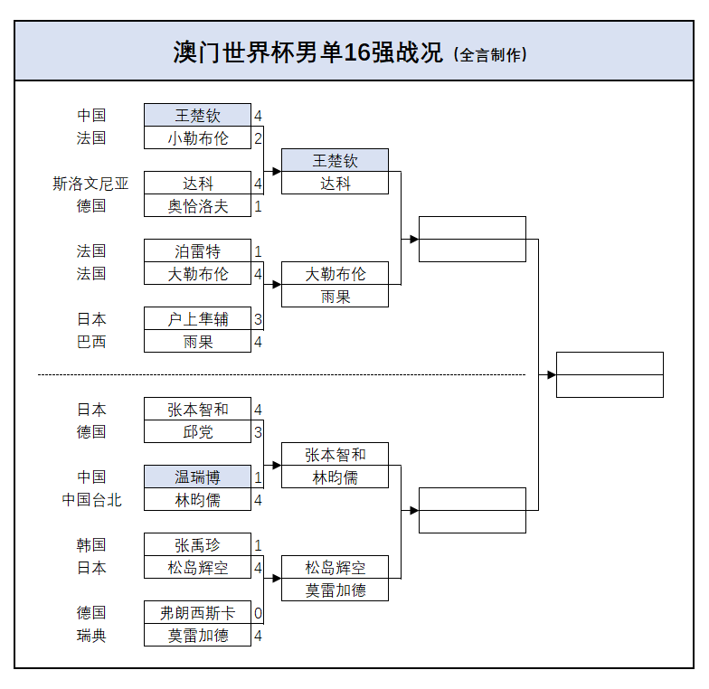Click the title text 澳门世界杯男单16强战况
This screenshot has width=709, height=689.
click(307, 52)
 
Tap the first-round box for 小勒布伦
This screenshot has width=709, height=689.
click(197, 138)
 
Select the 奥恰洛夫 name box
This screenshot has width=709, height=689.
click(197, 206)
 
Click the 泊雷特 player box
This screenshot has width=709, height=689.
click(197, 251)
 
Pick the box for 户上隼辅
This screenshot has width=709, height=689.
click(197, 319)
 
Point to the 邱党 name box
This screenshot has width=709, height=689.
click(197, 432)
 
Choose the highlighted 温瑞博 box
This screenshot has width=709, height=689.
click(197, 477)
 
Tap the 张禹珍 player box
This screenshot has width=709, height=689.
click(197, 545)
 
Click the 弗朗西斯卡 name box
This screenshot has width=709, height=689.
click(197, 613)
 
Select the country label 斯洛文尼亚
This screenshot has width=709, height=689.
click(90, 184)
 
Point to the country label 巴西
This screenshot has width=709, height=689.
click(90, 342)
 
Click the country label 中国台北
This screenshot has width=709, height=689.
click(90, 500)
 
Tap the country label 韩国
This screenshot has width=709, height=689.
click(90, 545)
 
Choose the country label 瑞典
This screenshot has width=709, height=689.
click(90, 636)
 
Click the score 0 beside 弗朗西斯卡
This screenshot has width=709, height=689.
click(258, 613)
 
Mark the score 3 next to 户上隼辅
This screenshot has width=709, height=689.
click(258, 319)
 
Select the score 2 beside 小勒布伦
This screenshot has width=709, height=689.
click(258, 138)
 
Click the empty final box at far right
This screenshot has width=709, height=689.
click(610, 374)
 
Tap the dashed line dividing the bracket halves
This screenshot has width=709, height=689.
click(280, 374)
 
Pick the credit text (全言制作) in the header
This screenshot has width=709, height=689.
click(489, 54)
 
